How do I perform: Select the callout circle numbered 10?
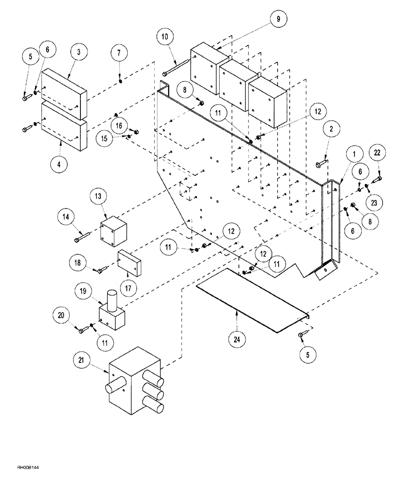tap(164, 37)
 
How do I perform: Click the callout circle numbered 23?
tap(373, 202)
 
